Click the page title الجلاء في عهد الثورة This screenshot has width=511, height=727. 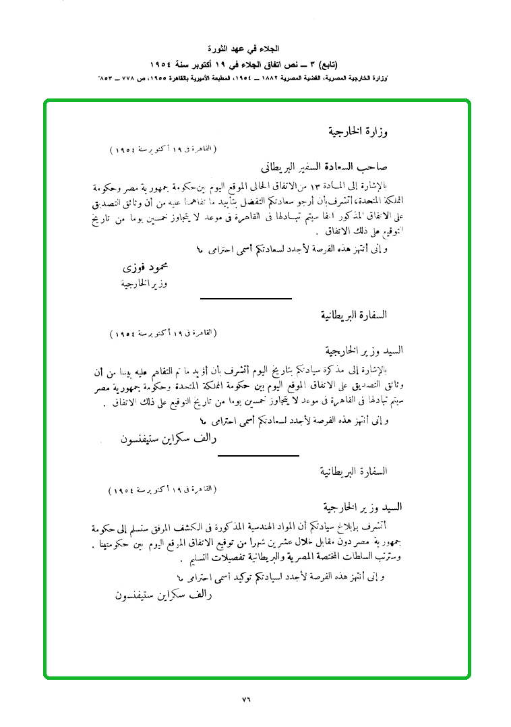coord(255,49)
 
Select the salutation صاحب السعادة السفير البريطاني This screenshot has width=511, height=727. coord(323,166)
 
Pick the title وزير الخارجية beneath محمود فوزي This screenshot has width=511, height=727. coord(142,284)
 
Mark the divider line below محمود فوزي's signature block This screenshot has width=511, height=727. coord(246,297)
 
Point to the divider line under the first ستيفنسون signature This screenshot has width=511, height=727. coord(258,456)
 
